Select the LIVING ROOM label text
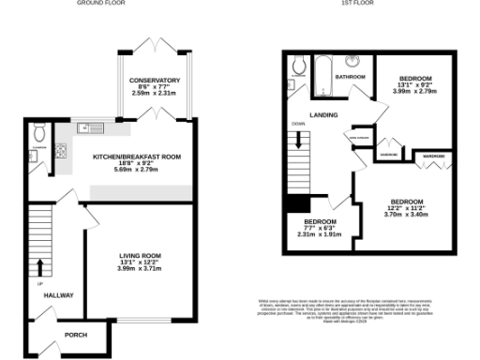[140, 255]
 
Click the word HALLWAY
[58, 295]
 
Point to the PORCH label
[76, 335]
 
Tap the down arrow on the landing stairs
[300, 142]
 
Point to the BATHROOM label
[351, 77]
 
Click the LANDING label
[325, 116]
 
